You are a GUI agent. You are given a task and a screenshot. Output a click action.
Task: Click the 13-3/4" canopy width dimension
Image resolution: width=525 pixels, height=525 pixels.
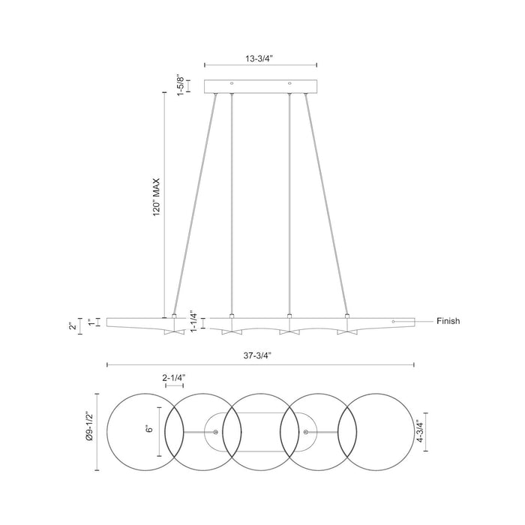click(260, 57)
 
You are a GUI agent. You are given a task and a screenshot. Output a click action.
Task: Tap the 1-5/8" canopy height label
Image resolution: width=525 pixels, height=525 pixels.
click(179, 83)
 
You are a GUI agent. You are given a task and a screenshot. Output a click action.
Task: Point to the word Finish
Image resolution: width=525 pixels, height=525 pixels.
click(448, 321)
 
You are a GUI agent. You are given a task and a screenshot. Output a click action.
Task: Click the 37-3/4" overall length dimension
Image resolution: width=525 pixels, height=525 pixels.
click(261, 357)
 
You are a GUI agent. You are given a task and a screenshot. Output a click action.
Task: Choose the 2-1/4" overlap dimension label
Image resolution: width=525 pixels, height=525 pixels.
click(173, 378)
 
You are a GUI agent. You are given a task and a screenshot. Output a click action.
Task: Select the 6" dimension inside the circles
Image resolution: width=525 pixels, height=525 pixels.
click(150, 430)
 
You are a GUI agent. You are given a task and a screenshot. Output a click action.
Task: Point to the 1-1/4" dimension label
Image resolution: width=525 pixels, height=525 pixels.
click(193, 321)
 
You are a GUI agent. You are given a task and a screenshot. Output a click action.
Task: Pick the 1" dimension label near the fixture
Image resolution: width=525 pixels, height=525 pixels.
click(91, 322)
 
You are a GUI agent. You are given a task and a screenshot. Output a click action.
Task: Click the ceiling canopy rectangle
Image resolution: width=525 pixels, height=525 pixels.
click(260, 85)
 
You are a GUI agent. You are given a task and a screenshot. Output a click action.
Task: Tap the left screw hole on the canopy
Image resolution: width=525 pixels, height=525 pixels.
click(232, 82)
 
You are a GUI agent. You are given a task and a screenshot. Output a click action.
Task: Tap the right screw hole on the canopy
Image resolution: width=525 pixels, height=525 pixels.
click(289, 82)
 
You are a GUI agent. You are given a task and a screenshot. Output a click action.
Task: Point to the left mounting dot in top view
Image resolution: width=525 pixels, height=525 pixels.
click(216, 432)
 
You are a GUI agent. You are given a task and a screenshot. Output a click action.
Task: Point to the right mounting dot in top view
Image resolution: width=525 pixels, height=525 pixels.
click(306, 432)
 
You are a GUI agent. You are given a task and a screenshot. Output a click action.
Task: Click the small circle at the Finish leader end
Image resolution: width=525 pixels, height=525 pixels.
click(393, 321)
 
